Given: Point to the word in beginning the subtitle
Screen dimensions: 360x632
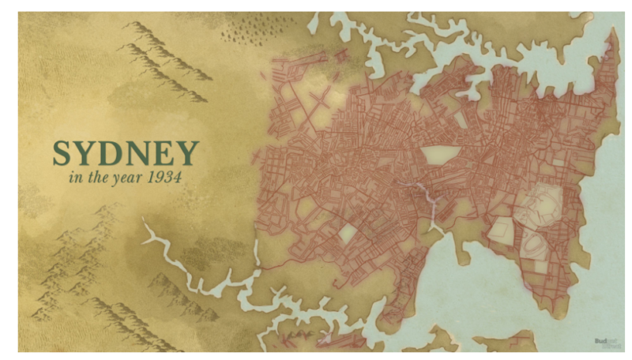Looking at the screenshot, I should pos(75,177).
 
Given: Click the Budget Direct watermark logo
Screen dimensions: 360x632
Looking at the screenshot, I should pos(604,342).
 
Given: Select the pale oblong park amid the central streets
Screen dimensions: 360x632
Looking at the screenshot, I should pos(436,155).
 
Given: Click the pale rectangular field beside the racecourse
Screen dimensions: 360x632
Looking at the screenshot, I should pos(499,231).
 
